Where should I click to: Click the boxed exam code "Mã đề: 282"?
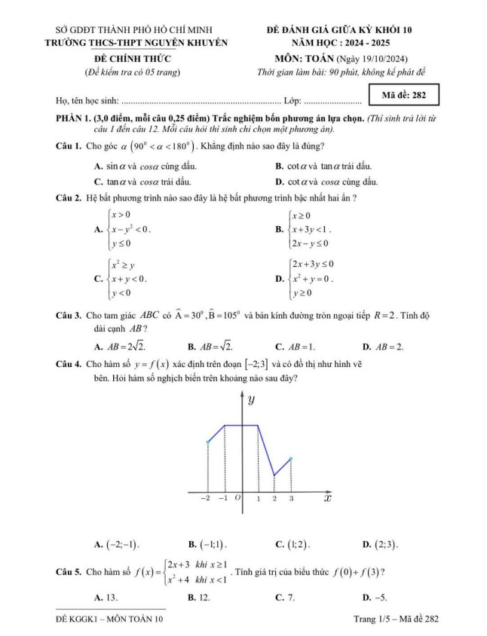pyautogui.click(x=406, y=96)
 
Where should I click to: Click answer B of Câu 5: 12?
pyautogui.click(x=198, y=598)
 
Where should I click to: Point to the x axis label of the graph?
pyautogui.click(x=328, y=498)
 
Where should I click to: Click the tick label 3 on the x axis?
pyautogui.click(x=291, y=499)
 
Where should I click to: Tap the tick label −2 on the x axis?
pyautogui.click(x=205, y=499)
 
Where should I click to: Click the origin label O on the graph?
pyautogui.click(x=237, y=499)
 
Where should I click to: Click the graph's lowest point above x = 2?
pyautogui.click(x=274, y=475)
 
